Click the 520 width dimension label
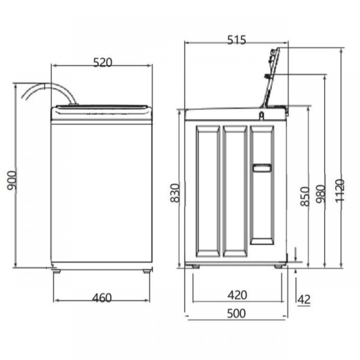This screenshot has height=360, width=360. pos(103,62)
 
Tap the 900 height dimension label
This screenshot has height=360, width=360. pos(12,180)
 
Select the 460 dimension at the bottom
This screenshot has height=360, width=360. pos(102,298)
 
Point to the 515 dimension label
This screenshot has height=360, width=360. pos(237,40)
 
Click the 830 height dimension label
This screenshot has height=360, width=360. pos(175,193)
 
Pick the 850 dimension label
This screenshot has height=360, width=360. pos(305,196)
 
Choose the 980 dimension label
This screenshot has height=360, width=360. pos(320,193)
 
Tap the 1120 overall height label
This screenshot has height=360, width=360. pos(340,190)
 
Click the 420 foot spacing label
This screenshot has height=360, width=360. pos(237,295)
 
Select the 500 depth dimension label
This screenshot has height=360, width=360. pos(236,313)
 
